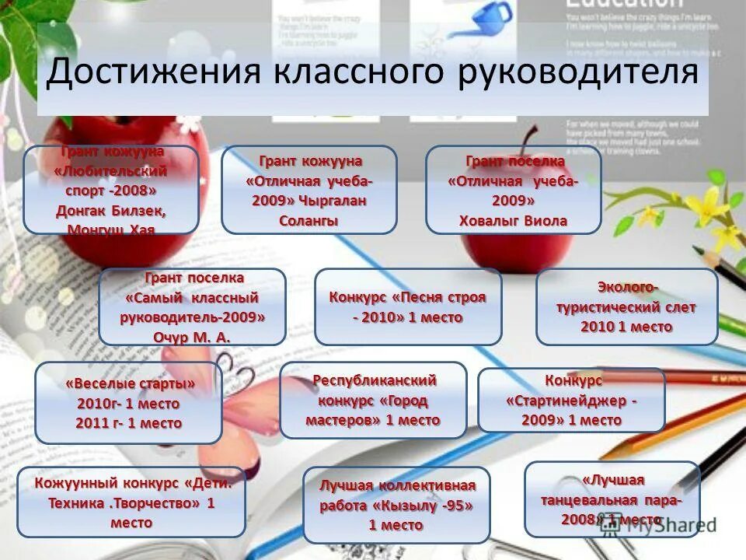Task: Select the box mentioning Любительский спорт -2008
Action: (x=111, y=190)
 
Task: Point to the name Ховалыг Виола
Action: (x=513, y=221)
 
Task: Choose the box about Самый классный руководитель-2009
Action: (x=192, y=307)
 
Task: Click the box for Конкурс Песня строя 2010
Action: (x=408, y=307)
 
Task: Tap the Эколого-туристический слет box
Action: (x=626, y=307)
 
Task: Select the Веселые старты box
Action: (x=129, y=403)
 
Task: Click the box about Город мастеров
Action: (x=373, y=401)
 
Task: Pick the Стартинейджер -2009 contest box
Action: (x=571, y=401)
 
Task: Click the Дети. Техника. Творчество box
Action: (x=131, y=502)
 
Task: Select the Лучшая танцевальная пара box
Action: (x=612, y=499)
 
